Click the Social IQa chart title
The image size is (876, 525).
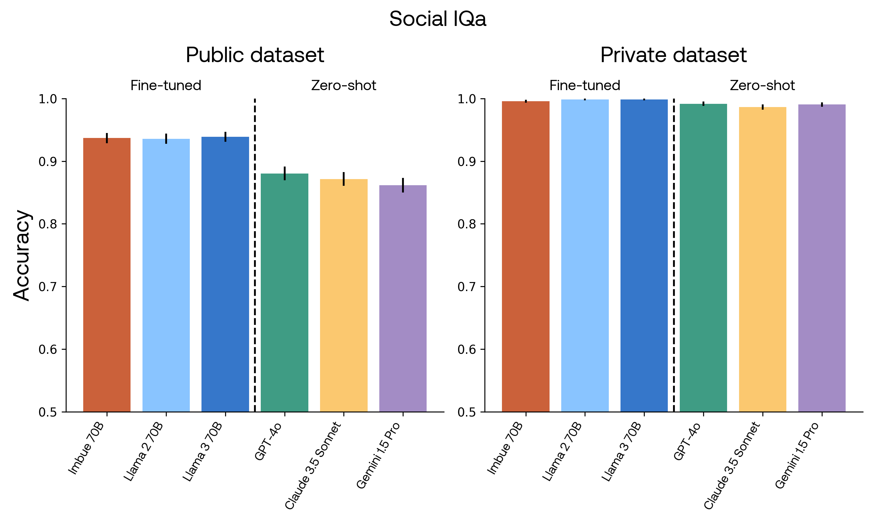click(438, 19)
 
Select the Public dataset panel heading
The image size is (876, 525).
click(255, 55)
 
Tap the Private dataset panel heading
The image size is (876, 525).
click(673, 55)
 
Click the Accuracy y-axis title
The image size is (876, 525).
click(22, 256)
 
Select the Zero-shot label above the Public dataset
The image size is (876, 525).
click(343, 86)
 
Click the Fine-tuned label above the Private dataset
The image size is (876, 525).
click(585, 86)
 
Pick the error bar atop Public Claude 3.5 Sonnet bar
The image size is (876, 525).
click(343, 179)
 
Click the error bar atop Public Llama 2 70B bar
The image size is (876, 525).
click(166, 139)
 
